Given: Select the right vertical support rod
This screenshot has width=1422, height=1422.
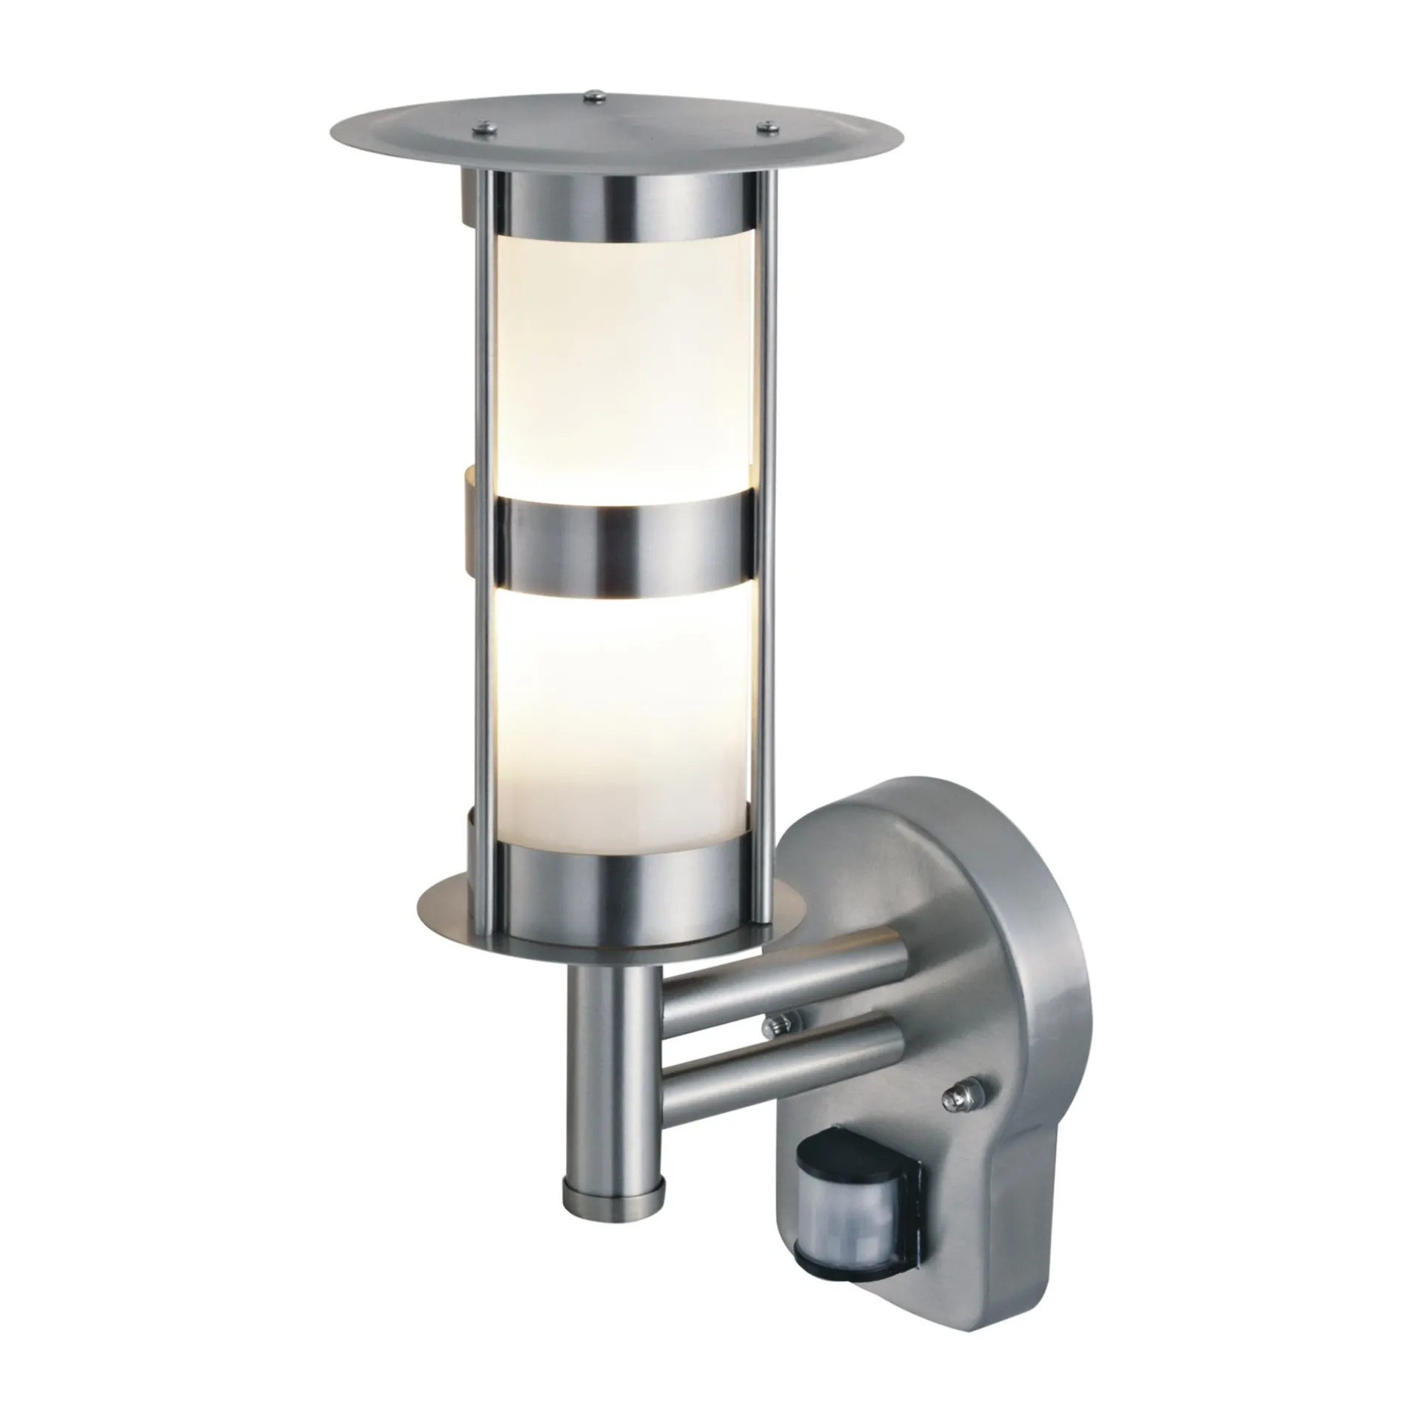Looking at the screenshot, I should click(x=770, y=518).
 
